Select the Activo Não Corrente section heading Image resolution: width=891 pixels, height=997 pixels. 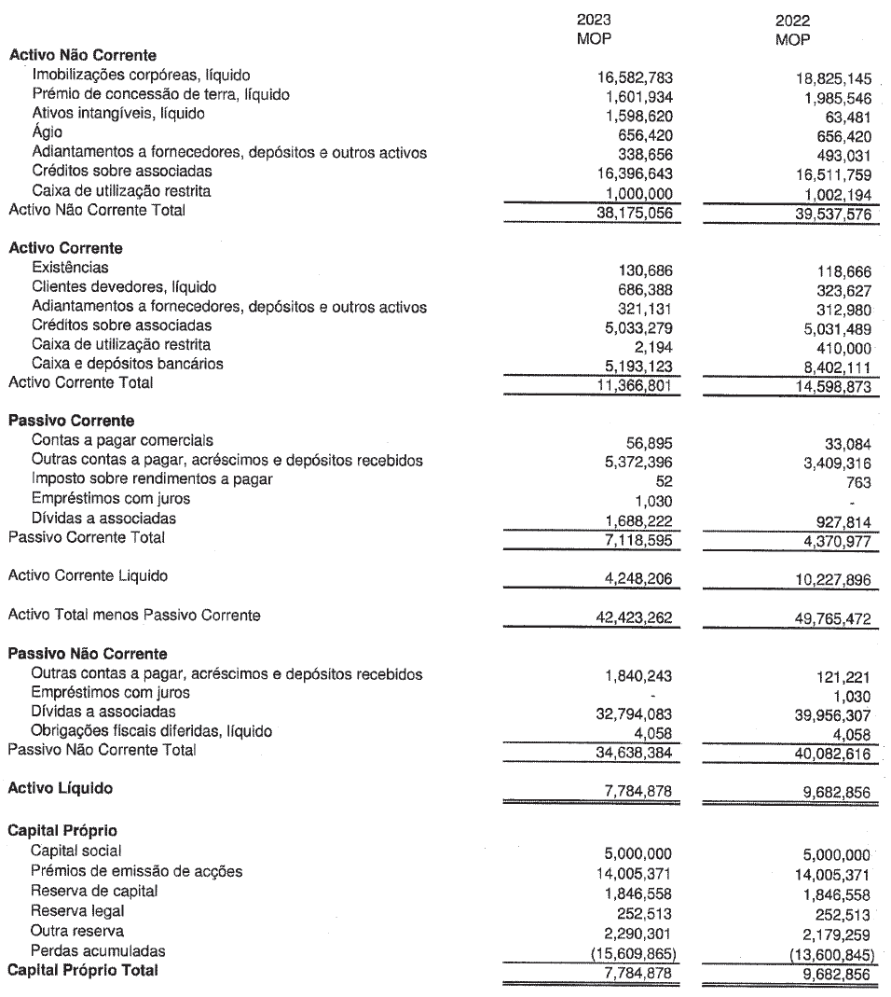[x=82, y=55]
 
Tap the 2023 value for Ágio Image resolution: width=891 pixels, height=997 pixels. [x=643, y=133]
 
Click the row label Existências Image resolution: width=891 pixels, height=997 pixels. [x=68, y=268]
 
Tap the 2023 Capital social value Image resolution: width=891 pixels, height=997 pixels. [x=636, y=852]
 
